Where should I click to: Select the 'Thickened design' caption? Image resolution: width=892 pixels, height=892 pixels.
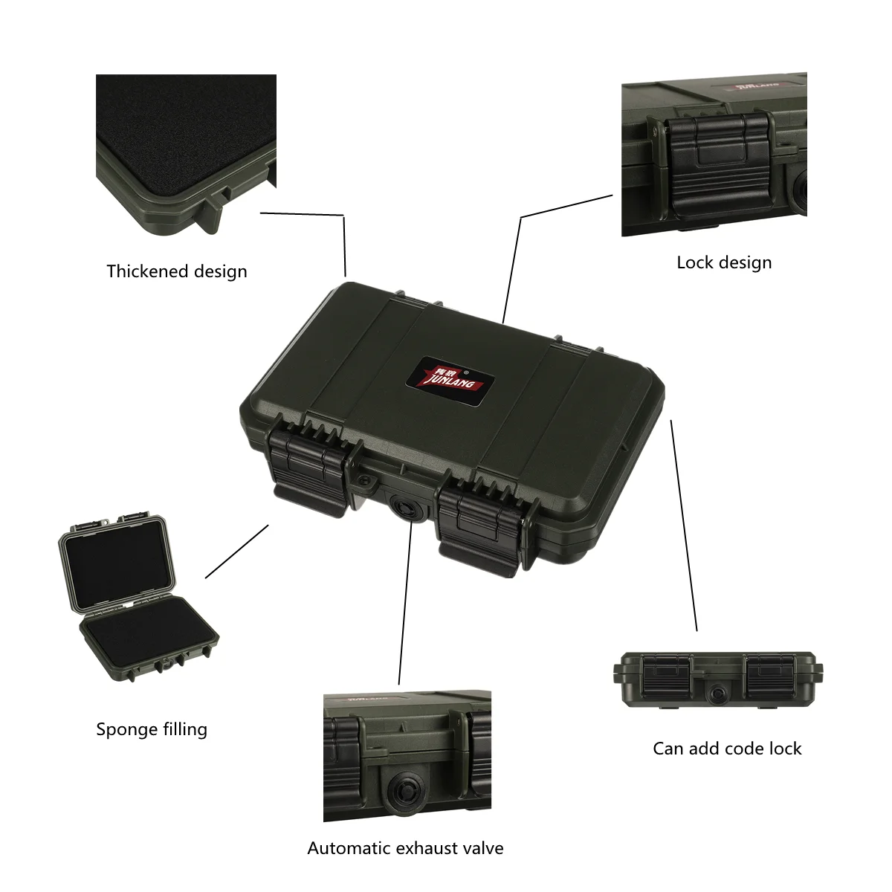point(177,271)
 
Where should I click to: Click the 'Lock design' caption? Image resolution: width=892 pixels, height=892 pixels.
point(724,262)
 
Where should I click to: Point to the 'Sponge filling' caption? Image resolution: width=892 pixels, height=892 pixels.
point(152,729)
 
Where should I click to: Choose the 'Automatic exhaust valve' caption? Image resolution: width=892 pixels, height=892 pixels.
point(405,848)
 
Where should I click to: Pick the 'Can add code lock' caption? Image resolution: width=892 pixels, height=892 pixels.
point(727,749)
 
